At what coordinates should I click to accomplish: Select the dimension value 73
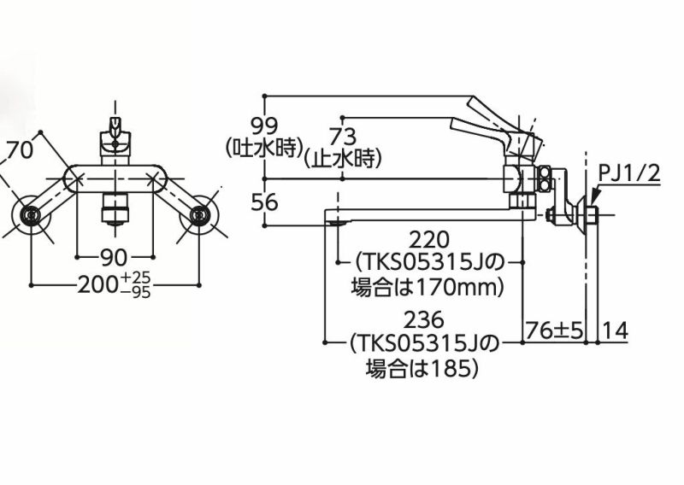click(x=345, y=136)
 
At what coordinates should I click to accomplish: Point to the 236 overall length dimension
click(x=425, y=321)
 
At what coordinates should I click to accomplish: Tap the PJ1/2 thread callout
click(x=629, y=174)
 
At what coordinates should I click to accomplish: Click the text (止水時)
click(x=345, y=158)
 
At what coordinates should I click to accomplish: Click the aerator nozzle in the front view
click(x=114, y=208)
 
